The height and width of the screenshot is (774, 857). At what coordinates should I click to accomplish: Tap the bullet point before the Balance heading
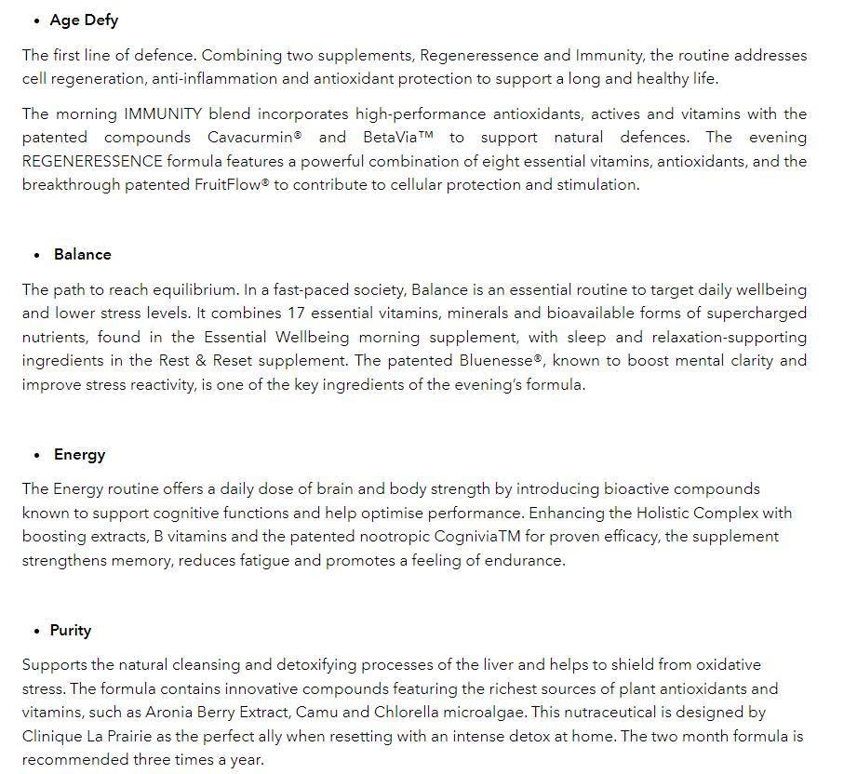(36, 255)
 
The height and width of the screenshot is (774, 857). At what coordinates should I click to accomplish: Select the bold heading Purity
(71, 631)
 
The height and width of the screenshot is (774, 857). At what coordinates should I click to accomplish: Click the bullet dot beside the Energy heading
(36, 456)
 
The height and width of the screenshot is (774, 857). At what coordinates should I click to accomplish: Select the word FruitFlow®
(232, 184)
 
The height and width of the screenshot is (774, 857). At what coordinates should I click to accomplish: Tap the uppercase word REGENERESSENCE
(92, 161)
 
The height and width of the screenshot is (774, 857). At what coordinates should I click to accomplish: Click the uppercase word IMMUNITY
(163, 114)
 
